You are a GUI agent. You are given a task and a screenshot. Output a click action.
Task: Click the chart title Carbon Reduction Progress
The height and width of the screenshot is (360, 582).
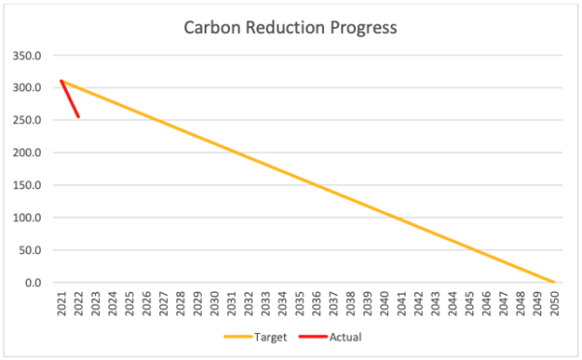tap(290, 27)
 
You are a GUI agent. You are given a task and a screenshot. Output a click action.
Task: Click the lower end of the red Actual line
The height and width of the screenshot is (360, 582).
tap(78, 117)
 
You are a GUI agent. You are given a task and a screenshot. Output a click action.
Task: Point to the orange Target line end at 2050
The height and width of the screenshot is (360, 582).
tap(554, 282)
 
